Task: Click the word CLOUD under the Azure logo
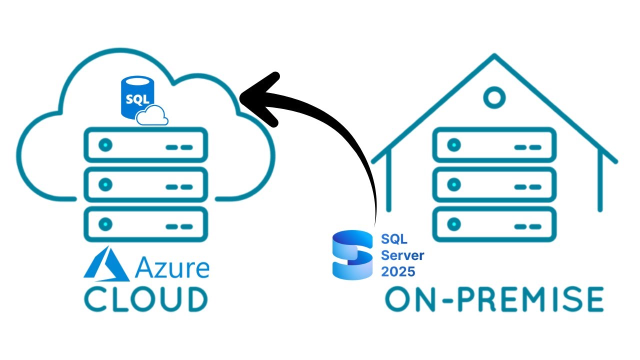tap(145, 299)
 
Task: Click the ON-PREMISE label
tap(494, 299)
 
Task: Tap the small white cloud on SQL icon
tap(152, 116)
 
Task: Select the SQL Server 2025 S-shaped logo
tap(352, 255)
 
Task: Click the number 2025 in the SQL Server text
tap(398, 271)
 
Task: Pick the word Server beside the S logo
tap(402, 255)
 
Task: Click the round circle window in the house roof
tap(494, 97)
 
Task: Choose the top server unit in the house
tap(494, 145)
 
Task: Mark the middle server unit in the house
tap(494, 185)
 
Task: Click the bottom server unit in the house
tap(494, 224)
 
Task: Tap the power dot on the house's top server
tap(454, 145)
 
